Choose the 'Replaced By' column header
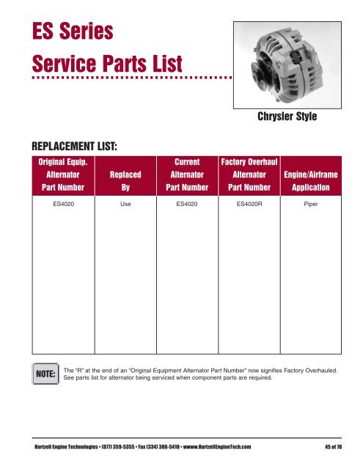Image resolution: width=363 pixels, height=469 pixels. pyautogui.click(x=124, y=182)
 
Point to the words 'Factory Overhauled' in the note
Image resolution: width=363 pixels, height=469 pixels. pyautogui.click(x=308, y=371)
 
